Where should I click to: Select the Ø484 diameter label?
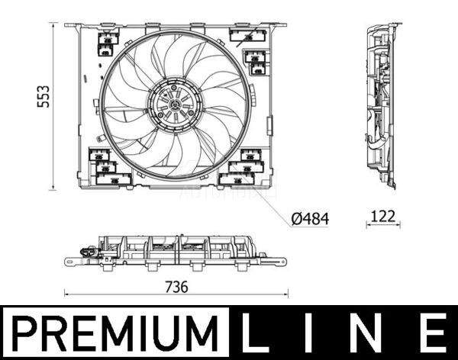pyautogui.click(x=311, y=219)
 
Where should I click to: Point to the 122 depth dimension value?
pyautogui.click(x=383, y=216)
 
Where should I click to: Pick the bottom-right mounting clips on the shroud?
pyautogui.click(x=244, y=168)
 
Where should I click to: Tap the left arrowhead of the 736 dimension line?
pyautogui.click(x=66, y=294)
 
